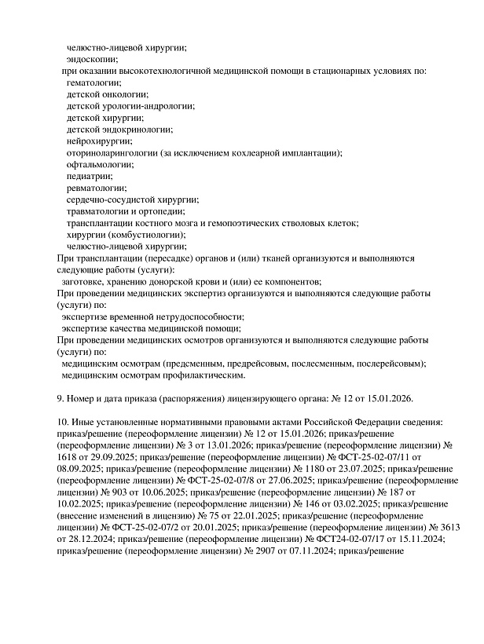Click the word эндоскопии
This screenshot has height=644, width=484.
click(92, 59)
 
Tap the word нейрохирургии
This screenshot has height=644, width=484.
click(99, 141)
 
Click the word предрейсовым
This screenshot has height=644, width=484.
click(259, 364)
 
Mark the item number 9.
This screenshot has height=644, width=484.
click(62, 399)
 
